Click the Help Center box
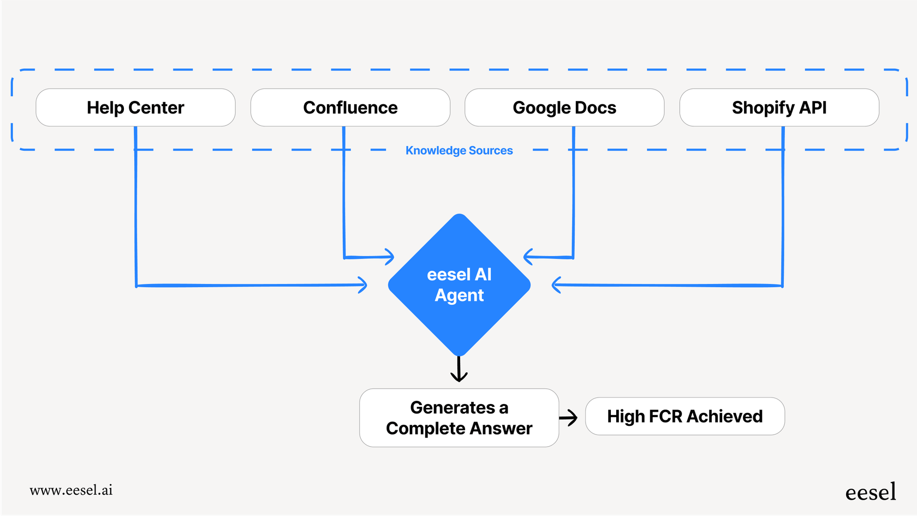(x=135, y=108)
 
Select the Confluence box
(x=350, y=108)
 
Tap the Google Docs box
(x=564, y=108)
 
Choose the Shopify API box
(x=779, y=108)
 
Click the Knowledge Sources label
(x=459, y=151)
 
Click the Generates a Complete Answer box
(x=459, y=418)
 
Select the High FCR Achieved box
(x=684, y=417)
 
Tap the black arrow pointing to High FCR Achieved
(x=569, y=418)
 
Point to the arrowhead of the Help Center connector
(x=362, y=284)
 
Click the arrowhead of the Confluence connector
(x=389, y=257)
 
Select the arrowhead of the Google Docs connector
(x=528, y=257)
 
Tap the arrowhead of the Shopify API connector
(x=556, y=284)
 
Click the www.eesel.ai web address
(x=71, y=490)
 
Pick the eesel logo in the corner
(x=871, y=492)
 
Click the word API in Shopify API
(x=813, y=108)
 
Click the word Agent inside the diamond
(x=459, y=295)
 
